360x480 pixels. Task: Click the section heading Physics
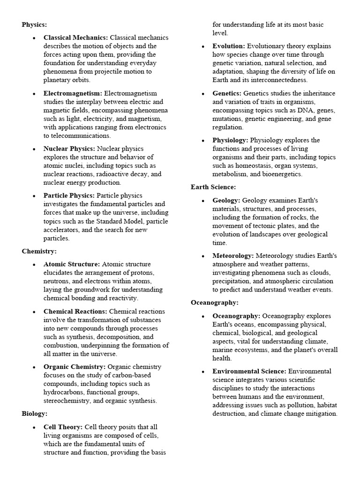tap(34, 24)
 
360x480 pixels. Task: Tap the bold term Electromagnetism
tap(73, 93)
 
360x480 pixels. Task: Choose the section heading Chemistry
tap(39, 251)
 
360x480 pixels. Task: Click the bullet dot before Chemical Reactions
tap(35, 312)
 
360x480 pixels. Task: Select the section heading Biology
tap(35, 413)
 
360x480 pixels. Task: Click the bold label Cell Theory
tap(63, 427)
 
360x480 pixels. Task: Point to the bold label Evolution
tap(228, 46)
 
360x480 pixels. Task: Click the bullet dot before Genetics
tap(203, 94)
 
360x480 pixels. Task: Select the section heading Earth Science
tap(213, 187)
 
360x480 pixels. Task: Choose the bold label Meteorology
tap(233, 255)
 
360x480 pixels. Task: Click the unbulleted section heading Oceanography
tap(215, 302)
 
